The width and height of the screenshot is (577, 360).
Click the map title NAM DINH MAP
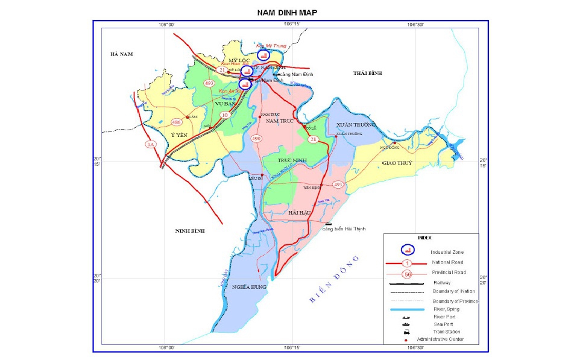(x=286, y=12)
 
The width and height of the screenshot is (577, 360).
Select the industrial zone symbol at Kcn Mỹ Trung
(x=263, y=54)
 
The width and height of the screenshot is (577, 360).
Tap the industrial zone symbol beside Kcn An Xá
(x=245, y=84)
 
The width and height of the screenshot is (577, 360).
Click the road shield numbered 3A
(x=150, y=145)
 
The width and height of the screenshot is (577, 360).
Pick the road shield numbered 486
(x=177, y=122)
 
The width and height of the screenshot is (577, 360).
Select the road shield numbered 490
(x=256, y=139)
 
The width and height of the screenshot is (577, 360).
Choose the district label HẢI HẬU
(x=300, y=213)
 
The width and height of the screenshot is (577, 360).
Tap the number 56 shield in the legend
(x=408, y=274)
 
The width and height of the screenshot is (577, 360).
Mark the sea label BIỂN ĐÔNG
(x=333, y=279)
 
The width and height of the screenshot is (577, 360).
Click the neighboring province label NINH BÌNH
(x=191, y=231)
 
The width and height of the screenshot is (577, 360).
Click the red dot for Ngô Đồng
(x=394, y=143)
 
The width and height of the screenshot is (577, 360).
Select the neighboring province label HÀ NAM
(x=121, y=54)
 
